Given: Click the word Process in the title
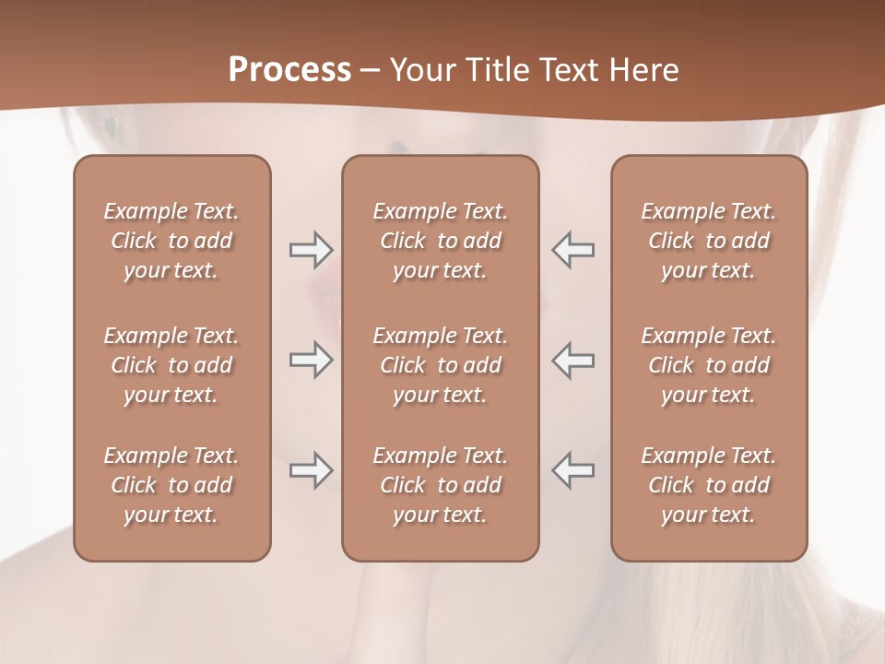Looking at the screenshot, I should pos(289,70).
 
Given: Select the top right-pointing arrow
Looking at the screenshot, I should pos(311,249).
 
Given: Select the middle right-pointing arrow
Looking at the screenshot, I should pos(311,361).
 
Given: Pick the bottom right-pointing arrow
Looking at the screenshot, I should pos(311,470).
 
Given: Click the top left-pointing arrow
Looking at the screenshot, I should pos(573,249).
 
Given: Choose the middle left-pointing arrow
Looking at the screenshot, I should pos(573,361).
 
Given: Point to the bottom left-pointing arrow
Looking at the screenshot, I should pos(573,470).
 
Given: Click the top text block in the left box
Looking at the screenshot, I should pos(171,241).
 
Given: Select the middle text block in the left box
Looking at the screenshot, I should pos(171,365).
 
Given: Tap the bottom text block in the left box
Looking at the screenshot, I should pos(171,485).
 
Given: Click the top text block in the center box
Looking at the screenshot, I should pos(441,241).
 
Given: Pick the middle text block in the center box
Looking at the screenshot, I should pos(441,365).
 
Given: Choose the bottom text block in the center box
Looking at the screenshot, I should pos(441,485).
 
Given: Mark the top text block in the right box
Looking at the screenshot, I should pos(709,241).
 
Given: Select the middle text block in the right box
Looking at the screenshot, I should pos(709,365).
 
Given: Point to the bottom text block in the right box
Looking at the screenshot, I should pos(709,485).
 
